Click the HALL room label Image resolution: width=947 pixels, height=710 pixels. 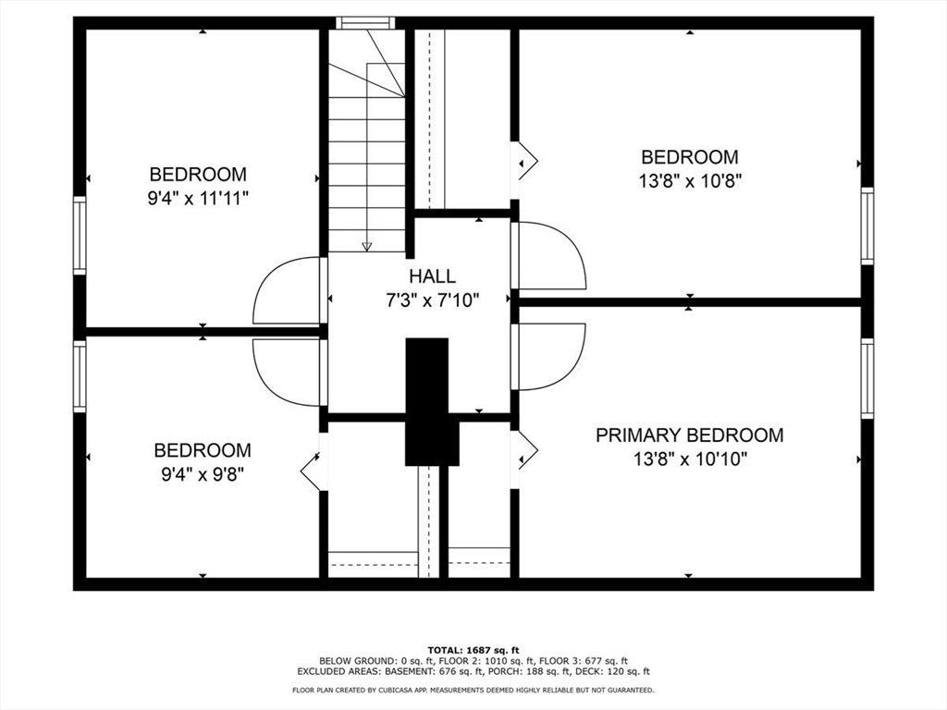tap(432, 275)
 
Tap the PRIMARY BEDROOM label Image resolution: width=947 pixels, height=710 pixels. tap(689, 435)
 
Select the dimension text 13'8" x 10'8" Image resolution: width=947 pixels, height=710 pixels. tap(690, 181)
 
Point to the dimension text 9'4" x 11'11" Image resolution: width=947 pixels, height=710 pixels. tap(198, 198)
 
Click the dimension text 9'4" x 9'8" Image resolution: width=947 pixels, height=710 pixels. tap(202, 474)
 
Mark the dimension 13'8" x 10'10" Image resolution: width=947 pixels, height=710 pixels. tap(689, 459)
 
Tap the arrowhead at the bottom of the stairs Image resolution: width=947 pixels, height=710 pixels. tap(367, 246)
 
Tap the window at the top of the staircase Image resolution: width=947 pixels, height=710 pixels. tap(365, 23)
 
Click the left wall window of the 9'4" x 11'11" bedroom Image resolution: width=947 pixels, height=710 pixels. tap(80, 235)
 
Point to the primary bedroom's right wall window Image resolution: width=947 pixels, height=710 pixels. tap(867, 379)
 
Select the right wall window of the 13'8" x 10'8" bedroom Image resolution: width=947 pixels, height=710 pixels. tap(867, 226)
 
